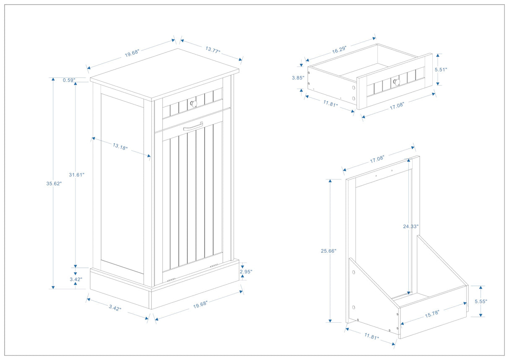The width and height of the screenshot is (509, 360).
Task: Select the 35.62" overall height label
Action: point(54,183)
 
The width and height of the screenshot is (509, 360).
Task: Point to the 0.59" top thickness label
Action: point(69,80)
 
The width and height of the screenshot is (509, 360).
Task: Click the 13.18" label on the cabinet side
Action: point(120,147)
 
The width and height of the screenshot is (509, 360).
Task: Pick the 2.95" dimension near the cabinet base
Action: point(246,272)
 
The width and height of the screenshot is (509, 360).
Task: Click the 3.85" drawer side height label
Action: point(298,78)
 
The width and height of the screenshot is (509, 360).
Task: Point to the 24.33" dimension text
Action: point(410,226)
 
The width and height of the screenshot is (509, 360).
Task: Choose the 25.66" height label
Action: point(329,251)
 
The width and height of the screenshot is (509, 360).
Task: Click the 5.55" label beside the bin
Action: point(480,301)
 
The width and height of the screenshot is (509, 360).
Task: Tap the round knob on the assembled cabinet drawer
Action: point(193,104)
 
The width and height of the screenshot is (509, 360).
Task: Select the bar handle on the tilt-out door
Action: point(193,126)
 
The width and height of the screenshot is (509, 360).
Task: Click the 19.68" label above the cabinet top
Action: point(132,53)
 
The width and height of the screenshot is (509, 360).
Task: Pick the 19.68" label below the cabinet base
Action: point(200,304)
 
